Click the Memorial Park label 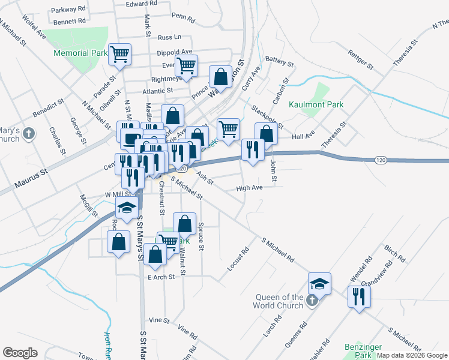tap(80, 53)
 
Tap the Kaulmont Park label tap(316, 104)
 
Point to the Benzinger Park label tap(359, 351)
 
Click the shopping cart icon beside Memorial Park tap(119, 55)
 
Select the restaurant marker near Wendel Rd tap(359, 296)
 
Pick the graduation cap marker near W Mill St tap(127, 208)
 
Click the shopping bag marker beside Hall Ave tap(266, 133)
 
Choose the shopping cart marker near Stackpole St tap(228, 128)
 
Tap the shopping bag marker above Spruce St tap(185, 223)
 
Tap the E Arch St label tap(160, 277)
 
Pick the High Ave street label tap(249, 188)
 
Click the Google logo tap(20, 353)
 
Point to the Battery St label tap(279, 61)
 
